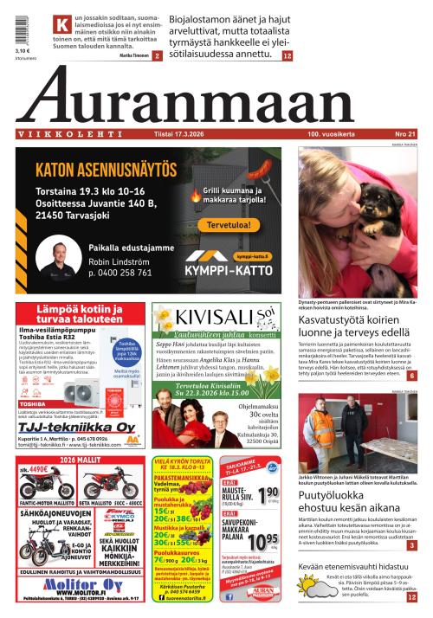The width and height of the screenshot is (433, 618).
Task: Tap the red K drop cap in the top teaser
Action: point(61,25)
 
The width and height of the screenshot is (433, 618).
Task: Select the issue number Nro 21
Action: point(404,134)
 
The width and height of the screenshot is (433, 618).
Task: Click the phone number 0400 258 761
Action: point(120,273)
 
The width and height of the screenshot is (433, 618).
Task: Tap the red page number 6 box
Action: point(412,376)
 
